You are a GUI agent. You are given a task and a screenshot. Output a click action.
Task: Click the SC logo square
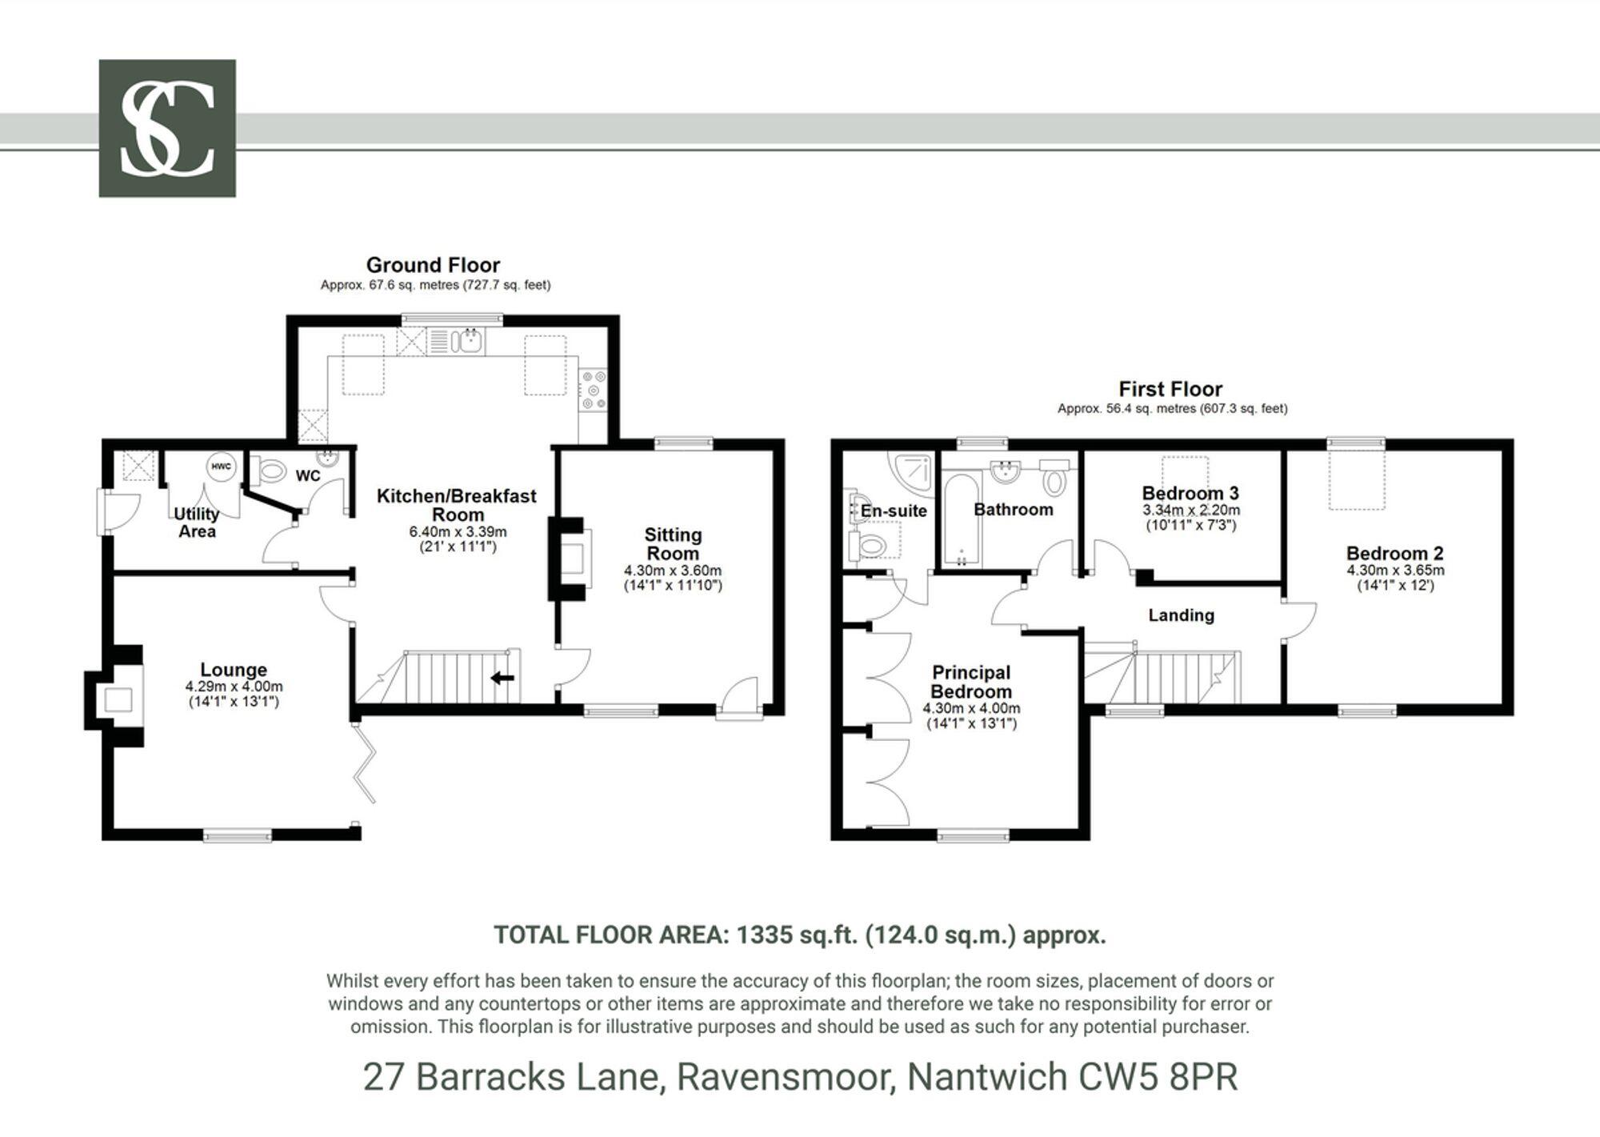167,128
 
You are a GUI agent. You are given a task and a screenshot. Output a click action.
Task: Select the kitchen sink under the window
467,342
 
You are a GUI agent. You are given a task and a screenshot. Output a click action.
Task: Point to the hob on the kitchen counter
594,390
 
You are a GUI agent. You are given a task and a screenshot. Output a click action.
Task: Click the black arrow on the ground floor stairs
502,679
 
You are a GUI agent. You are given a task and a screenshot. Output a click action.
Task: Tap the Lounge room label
234,670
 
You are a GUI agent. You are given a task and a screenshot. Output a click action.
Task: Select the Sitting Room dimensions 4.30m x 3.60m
673,571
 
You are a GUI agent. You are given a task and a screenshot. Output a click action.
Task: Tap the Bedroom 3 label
1190,493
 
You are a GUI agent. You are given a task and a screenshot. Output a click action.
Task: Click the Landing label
1181,615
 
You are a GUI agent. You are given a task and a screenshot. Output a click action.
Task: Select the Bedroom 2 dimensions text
1395,571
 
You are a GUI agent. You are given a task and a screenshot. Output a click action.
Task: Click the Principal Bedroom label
971,682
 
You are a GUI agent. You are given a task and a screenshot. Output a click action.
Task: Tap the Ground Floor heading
433,265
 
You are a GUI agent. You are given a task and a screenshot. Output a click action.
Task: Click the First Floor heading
1170,390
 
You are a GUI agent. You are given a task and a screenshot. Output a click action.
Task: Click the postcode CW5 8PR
1158,1077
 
